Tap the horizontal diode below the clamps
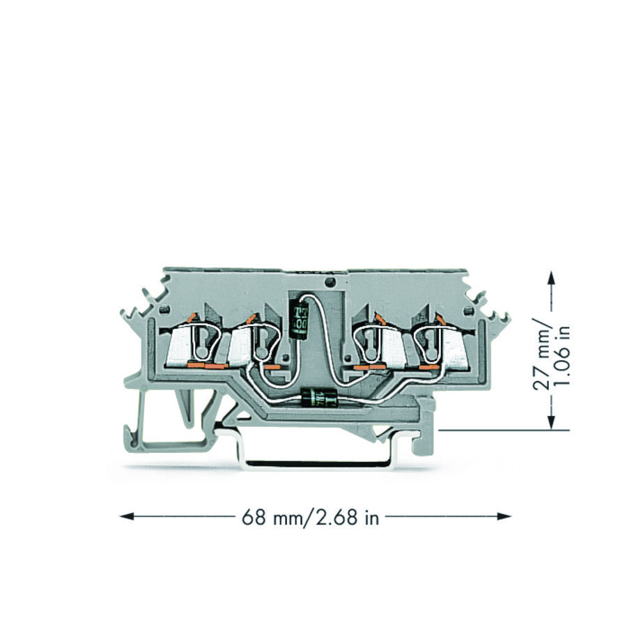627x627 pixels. [x=320, y=398]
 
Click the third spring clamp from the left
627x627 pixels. [x=380, y=343]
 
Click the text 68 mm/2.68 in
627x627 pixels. [x=310, y=517]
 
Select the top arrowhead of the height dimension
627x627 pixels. [x=552, y=277]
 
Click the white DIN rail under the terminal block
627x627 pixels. [x=313, y=461]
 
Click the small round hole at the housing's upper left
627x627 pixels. [x=165, y=310]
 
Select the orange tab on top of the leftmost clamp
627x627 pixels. [x=191, y=318]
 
